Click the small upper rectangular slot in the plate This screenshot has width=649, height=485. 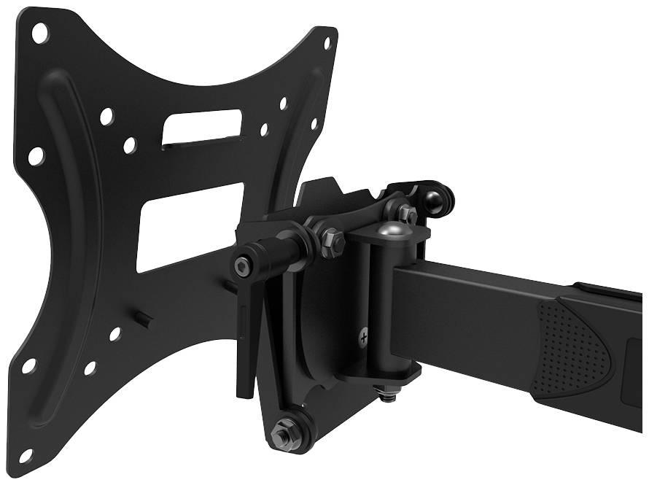pos(201,128)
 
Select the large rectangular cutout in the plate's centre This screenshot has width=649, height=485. pos(190,226)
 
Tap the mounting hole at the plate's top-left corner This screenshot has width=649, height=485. pos(39,32)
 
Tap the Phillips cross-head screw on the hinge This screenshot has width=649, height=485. pos(364,336)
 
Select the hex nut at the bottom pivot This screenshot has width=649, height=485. pos(282,435)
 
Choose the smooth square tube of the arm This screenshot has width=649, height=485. pos(467,306)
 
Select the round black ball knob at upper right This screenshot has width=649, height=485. pos(438,200)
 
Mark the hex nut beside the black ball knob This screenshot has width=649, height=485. pos(407,214)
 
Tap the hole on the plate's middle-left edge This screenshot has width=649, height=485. pos(36,155)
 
